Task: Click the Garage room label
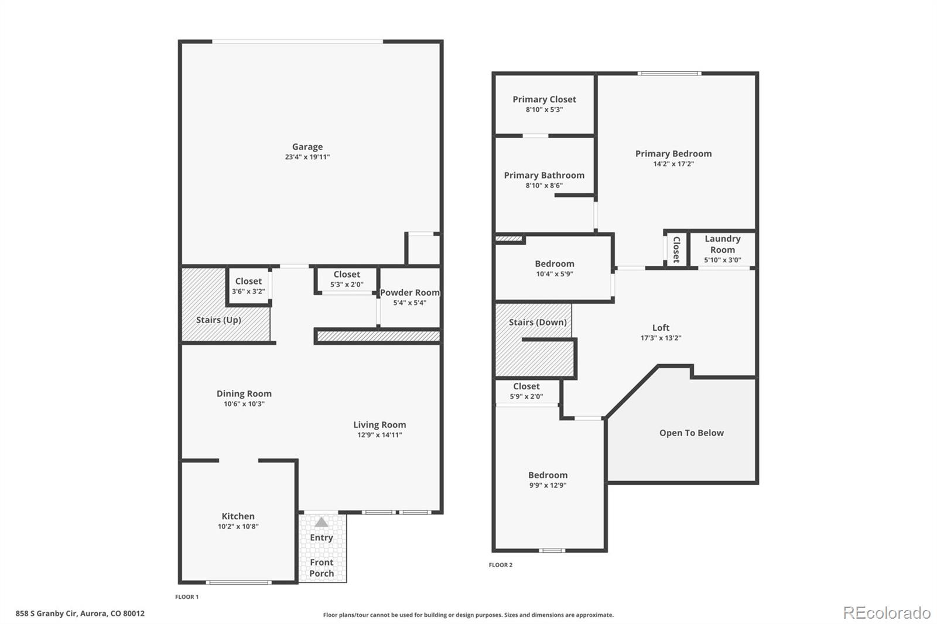pos(307,147)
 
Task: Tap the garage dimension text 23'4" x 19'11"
pos(307,157)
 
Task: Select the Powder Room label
pos(409,293)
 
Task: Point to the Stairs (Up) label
pos(218,320)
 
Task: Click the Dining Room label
pos(244,393)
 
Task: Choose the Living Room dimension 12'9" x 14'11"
pos(379,435)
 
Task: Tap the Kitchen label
pos(238,516)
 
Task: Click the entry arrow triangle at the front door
pos(322,522)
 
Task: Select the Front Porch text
pos(322,568)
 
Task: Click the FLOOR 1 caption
pos(187,596)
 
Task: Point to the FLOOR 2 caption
pos(501,565)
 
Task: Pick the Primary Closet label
pos(544,100)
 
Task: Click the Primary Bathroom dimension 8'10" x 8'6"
pos(544,186)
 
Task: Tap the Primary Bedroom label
pos(673,153)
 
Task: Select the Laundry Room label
pos(722,244)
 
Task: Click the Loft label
pos(661,328)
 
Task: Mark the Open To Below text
pos(692,433)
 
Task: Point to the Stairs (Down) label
pos(537,322)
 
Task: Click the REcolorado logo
pos(887,612)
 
